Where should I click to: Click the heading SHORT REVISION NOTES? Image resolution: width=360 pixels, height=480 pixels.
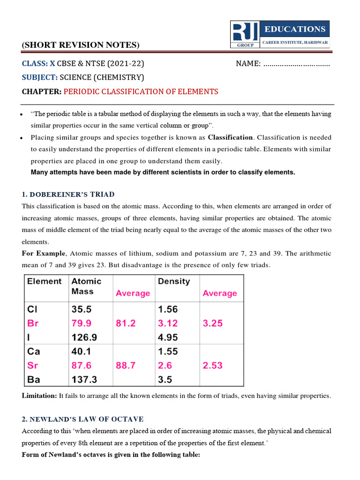coord(81,45)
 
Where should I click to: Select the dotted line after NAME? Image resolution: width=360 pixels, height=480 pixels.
coord(297,64)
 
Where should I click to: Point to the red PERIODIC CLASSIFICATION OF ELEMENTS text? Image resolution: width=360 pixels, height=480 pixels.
coord(141,91)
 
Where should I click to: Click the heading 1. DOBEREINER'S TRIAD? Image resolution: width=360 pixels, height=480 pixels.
coord(68,194)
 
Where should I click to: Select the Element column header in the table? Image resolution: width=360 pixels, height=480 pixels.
coord(44,281)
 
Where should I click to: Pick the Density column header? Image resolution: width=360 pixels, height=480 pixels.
coord(174,281)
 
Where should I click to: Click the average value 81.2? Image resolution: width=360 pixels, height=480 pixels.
coord(126,323)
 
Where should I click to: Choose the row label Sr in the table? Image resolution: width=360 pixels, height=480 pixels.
coord(32,365)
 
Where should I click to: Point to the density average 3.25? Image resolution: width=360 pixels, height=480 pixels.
coord(212,323)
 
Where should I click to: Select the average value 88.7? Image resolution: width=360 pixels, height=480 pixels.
coord(126,366)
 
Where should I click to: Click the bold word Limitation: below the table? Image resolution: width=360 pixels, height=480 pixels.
coord(39,396)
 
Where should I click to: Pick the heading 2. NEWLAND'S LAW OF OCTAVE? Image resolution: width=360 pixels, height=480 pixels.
coord(83,419)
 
